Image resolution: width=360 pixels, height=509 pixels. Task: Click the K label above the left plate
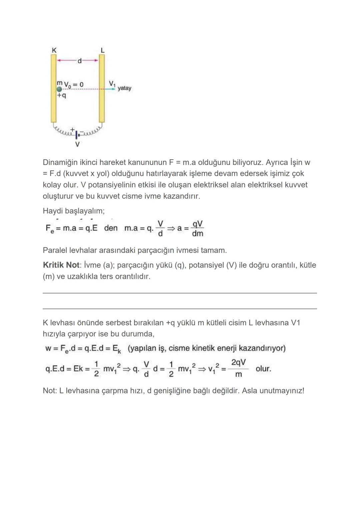coord(54,50)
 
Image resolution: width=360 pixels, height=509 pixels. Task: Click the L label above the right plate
coord(102,50)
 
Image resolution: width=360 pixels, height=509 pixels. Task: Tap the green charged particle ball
coord(59,89)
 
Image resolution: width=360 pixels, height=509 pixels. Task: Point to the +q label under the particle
coord(61,95)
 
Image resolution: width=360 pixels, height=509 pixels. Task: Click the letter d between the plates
coord(79,61)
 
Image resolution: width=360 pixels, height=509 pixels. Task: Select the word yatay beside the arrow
coord(124,88)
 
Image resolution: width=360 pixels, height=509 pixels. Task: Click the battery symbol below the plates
coord(76,134)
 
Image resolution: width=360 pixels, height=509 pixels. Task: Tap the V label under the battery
coord(77,145)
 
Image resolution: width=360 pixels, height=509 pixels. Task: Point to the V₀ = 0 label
coord(73,85)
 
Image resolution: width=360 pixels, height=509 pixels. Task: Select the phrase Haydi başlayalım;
coord(73,211)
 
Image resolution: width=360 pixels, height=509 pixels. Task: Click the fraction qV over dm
coord(197,228)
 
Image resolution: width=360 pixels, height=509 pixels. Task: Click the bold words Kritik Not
coord(61,265)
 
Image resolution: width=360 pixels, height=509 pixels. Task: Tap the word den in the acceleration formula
coord(111,228)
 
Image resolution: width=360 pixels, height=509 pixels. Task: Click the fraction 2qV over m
coord(238,368)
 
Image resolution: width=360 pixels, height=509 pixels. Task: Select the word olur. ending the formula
coord(263,369)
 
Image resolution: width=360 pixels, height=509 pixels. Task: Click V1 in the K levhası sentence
coord(295,323)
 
